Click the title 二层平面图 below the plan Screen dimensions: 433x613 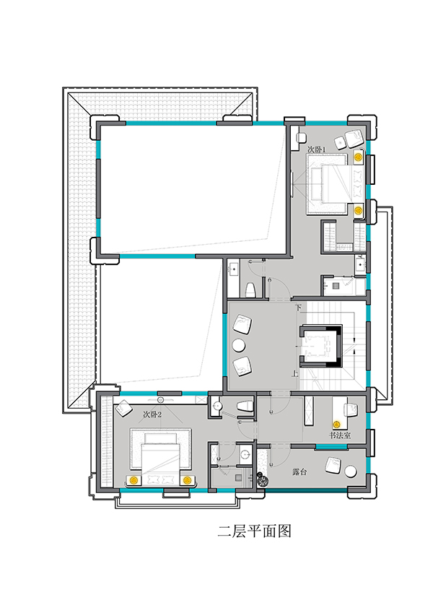point(255,531)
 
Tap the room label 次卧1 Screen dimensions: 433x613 point(316,149)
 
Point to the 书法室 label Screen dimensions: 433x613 point(339,435)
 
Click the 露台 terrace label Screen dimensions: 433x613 point(299,472)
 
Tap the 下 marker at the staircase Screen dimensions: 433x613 point(298,308)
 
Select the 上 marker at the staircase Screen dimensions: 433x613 point(294,373)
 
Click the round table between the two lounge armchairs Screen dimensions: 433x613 point(238,345)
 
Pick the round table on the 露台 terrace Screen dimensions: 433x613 point(351,471)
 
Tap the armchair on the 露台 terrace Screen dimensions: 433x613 point(333,466)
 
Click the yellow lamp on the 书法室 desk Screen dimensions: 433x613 point(336,424)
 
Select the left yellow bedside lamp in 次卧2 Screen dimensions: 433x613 point(134,479)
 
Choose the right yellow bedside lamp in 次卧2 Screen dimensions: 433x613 point(187,479)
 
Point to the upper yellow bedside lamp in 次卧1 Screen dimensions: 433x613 point(357,157)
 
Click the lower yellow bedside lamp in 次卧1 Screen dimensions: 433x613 point(357,210)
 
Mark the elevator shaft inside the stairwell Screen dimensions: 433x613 point(321,345)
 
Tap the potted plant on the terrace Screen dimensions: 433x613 point(261,479)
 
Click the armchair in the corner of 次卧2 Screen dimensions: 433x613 point(124,408)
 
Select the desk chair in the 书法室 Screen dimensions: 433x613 point(351,409)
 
